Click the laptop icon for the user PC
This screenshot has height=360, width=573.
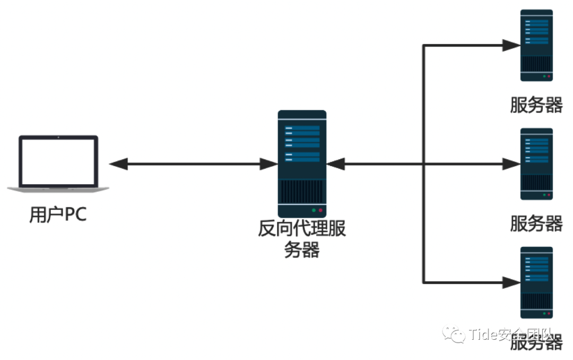pos(58,162)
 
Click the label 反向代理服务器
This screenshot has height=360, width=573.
pos(302,239)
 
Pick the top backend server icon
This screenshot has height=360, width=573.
pos(536,46)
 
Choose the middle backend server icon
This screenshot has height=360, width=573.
pos(536,164)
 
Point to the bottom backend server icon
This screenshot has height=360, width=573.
pos(536,282)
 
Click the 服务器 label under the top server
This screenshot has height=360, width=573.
pos(536,105)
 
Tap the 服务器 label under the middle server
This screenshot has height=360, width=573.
pos(536,224)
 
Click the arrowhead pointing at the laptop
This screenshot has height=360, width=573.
pos(118,164)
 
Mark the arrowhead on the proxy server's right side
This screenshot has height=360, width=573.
pos(336,164)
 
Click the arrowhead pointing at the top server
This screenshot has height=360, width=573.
pos(511,46)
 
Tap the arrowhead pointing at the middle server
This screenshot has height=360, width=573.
pos(511,164)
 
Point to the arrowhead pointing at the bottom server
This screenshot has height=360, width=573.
pos(511,282)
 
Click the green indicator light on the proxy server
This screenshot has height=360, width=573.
pos(314,210)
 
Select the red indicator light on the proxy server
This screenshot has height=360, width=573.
pos(320,210)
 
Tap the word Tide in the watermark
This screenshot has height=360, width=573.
pos(481,335)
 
